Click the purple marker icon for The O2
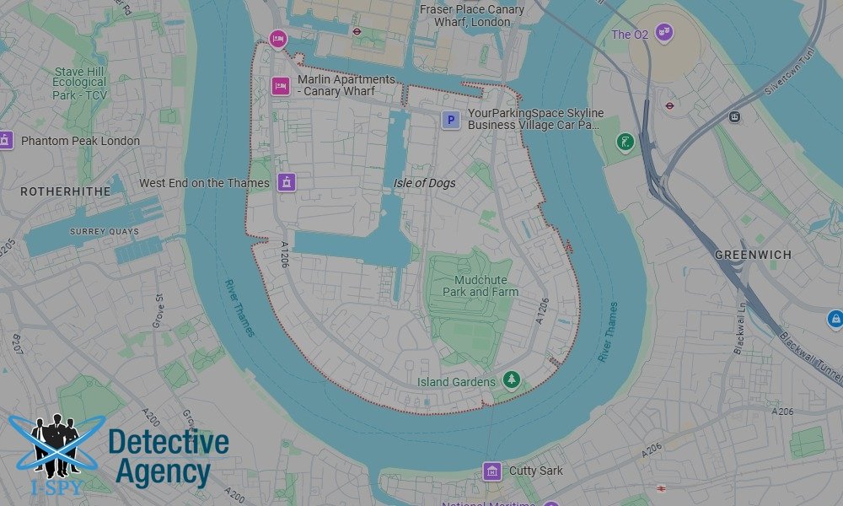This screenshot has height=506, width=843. coord(664,34)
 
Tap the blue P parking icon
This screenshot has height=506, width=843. coord(451,121)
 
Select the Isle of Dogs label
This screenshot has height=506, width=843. coord(424,183)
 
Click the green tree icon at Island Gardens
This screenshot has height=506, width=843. coord(511,380)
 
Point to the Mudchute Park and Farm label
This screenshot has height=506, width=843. coord(481,286)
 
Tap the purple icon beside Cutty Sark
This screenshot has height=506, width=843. coord(491,471)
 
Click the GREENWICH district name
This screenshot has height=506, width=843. coord(753,255)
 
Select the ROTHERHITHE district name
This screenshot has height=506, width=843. coord(66,191)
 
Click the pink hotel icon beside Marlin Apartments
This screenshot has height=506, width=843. coord(281,86)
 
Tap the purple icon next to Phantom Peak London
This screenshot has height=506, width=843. coord(6,140)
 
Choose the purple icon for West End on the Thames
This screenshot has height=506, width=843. coord(287,182)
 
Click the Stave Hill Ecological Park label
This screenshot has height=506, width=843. coord(80,83)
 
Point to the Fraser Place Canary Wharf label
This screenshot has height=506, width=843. coord(472,15)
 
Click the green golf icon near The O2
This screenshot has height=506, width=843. coord(625,141)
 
